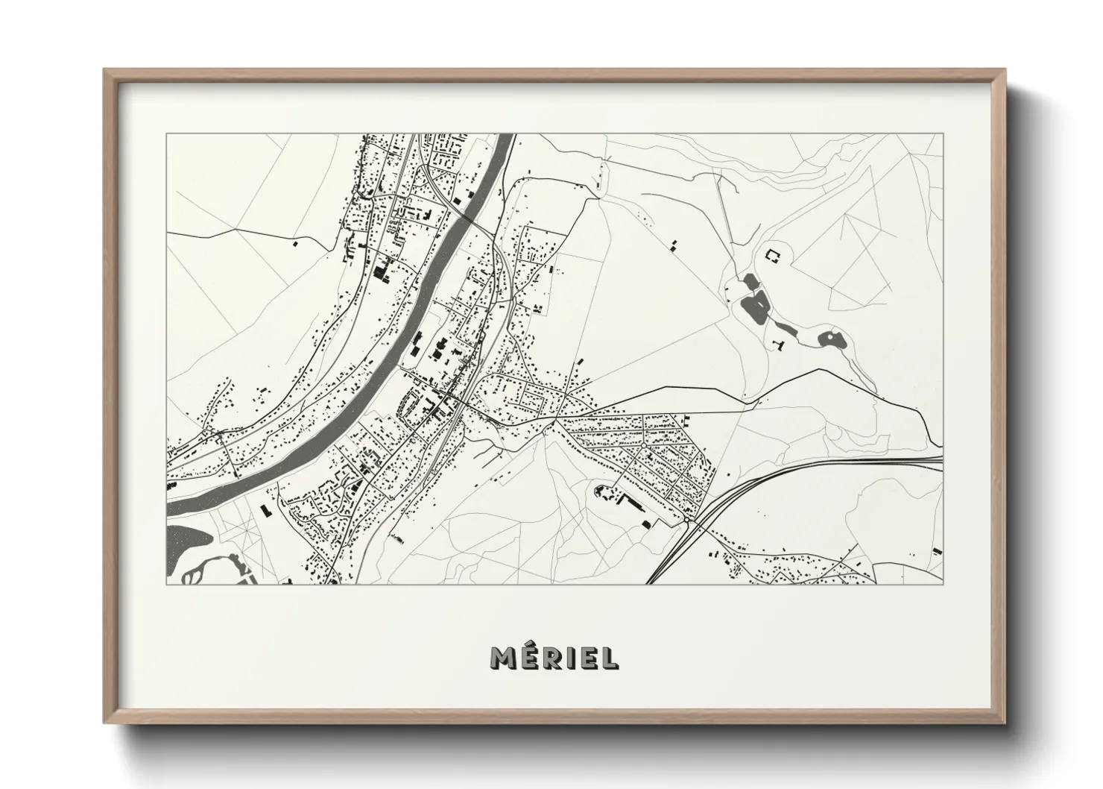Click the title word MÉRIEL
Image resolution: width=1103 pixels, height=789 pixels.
[554, 657]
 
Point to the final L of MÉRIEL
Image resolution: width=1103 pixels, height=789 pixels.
[609, 657]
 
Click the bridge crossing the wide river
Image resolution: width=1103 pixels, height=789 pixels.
[467, 217]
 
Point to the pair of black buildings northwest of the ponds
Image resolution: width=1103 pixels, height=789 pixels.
[674, 245]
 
